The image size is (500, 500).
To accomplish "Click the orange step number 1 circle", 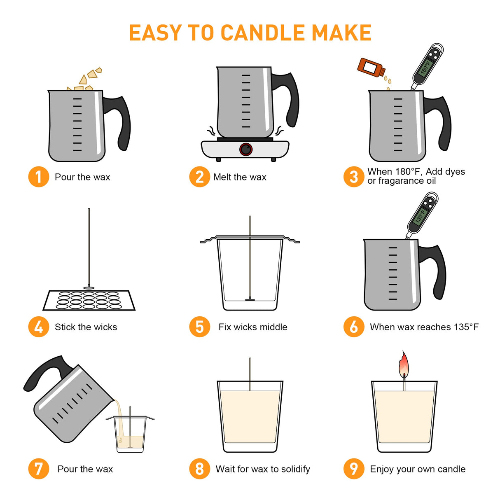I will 39,177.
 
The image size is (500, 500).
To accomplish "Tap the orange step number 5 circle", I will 200,327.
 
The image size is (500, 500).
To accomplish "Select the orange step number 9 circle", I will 354,469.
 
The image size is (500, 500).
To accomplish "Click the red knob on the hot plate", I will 246,149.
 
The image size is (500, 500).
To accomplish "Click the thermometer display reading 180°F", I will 425,68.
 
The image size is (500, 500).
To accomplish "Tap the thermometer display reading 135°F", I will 420,216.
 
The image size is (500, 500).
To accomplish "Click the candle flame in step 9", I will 404,364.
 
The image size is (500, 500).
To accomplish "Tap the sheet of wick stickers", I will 89,300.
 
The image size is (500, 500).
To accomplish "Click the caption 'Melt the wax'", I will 240,177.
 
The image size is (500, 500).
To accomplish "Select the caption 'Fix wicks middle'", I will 253,327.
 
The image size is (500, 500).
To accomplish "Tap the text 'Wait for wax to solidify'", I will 263,469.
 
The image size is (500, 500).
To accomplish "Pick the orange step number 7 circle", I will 39,469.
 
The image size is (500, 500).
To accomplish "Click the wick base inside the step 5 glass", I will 250,299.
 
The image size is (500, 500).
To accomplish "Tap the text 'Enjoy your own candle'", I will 418,469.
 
